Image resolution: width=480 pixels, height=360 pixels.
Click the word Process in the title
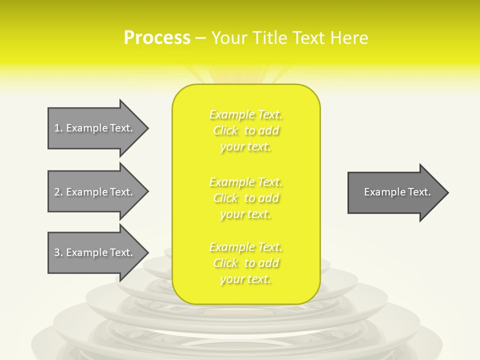pos(157,38)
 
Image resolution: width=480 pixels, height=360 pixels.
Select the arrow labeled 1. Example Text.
pos(93,128)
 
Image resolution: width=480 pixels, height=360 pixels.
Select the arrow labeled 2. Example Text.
pos(93,192)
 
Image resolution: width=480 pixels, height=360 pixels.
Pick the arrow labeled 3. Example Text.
pos(93,252)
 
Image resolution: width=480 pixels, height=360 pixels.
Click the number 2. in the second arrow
pos(58,192)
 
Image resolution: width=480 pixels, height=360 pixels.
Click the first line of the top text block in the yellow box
pos(246,115)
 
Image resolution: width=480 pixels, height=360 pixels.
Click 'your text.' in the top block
pos(245,147)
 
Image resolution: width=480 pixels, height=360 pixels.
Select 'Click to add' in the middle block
pos(246,198)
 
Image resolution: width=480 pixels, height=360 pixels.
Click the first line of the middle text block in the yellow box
pos(246,182)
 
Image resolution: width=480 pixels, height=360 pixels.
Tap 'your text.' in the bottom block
pos(245,279)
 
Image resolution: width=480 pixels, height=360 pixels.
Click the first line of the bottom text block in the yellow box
pos(246,247)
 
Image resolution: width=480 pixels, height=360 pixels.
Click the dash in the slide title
pos(200,38)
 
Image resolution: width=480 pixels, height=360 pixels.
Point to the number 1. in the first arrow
pos(58,128)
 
